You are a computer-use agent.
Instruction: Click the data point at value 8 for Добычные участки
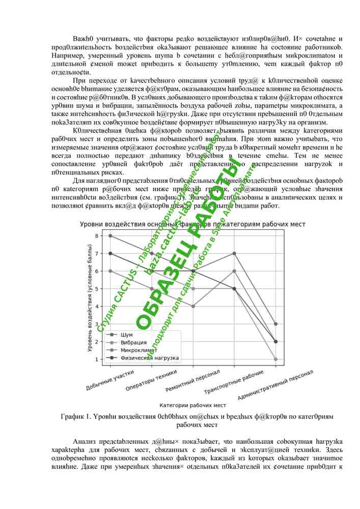click(x=110, y=236)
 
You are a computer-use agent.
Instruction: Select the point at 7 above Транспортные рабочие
click(x=234, y=253)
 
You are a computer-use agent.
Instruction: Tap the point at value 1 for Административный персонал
click(x=275, y=359)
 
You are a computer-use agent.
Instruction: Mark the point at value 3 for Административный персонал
click(x=275, y=324)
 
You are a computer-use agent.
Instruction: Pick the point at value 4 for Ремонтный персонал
click(x=193, y=306)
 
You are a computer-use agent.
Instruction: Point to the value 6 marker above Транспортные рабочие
click(x=234, y=271)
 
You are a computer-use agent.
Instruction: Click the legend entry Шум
click(x=127, y=335)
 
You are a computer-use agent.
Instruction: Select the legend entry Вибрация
click(x=133, y=343)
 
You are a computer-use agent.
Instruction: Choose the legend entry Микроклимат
click(x=138, y=350)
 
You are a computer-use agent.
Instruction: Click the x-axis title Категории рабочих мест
click(x=192, y=405)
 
